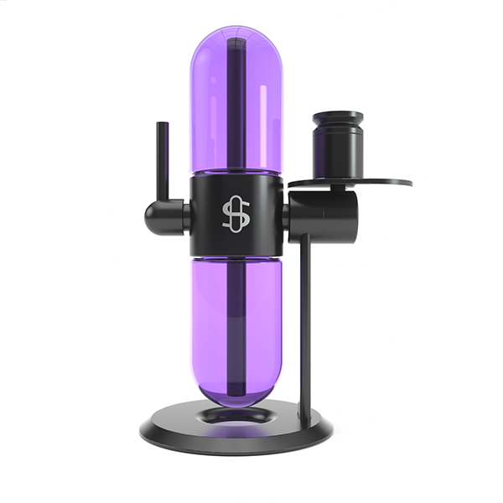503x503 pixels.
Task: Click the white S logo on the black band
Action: point(236,215)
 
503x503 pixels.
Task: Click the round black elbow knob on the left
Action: point(158,215)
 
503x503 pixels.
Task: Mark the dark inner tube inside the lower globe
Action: point(236,327)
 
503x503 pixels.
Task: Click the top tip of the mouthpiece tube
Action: point(162,125)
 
